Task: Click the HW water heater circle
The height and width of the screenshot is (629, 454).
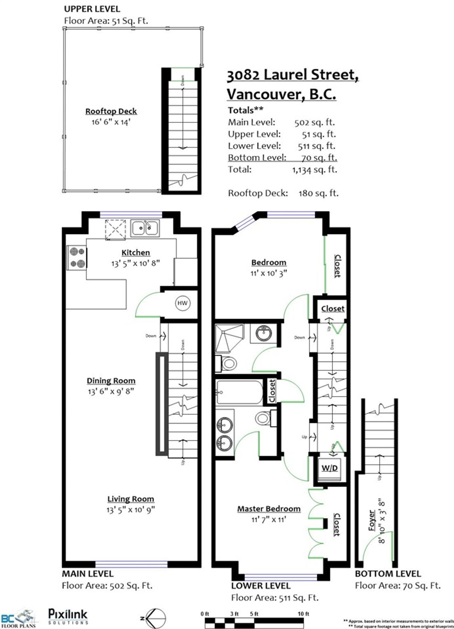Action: tap(182, 303)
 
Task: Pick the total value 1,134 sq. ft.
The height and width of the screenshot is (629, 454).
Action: tap(314, 169)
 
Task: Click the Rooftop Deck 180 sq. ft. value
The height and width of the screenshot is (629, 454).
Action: tap(318, 193)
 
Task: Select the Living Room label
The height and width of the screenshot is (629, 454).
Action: tap(131, 499)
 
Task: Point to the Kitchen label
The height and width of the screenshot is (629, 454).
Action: tap(136, 252)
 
